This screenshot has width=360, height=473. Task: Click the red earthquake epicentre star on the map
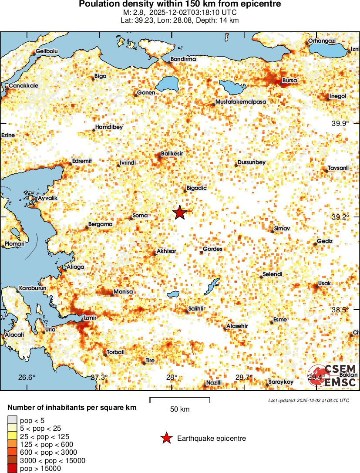tap(180, 213)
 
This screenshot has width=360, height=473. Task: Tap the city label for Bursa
tap(289, 81)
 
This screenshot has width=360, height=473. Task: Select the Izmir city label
tap(89, 318)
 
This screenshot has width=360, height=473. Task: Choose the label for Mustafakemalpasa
tap(240, 102)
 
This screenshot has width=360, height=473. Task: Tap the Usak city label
tap(325, 284)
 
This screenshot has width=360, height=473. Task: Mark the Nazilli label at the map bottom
tap(214, 382)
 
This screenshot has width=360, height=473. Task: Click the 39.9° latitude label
tap(340, 124)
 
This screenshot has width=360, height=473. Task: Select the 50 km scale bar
tap(180, 398)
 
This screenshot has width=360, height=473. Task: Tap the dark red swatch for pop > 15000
tap(12, 468)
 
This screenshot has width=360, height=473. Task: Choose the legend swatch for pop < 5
tap(12, 420)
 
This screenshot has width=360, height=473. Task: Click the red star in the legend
tap(166, 439)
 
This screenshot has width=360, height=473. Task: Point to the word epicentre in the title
tap(262, 4)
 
